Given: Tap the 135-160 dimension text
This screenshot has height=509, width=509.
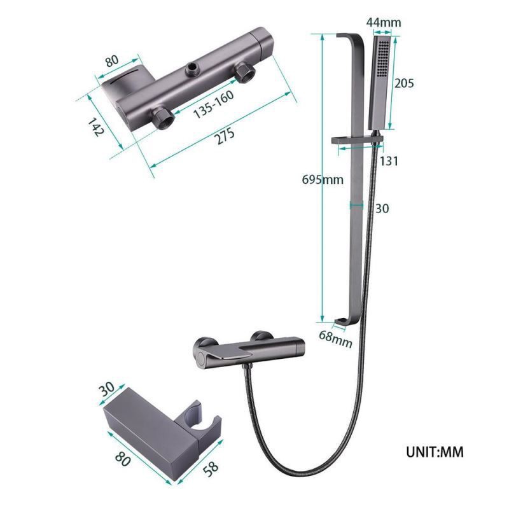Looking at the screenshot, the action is click(x=213, y=104).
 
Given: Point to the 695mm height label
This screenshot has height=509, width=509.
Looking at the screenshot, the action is click(x=323, y=179).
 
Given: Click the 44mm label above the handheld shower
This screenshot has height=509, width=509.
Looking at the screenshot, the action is click(x=384, y=22).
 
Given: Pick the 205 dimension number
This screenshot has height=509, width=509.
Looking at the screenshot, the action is click(x=404, y=83).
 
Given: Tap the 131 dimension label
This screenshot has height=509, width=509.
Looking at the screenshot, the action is click(x=389, y=161).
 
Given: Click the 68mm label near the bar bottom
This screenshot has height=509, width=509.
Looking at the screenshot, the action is click(x=335, y=338).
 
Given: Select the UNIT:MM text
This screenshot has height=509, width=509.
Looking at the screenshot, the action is click(x=435, y=452).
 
